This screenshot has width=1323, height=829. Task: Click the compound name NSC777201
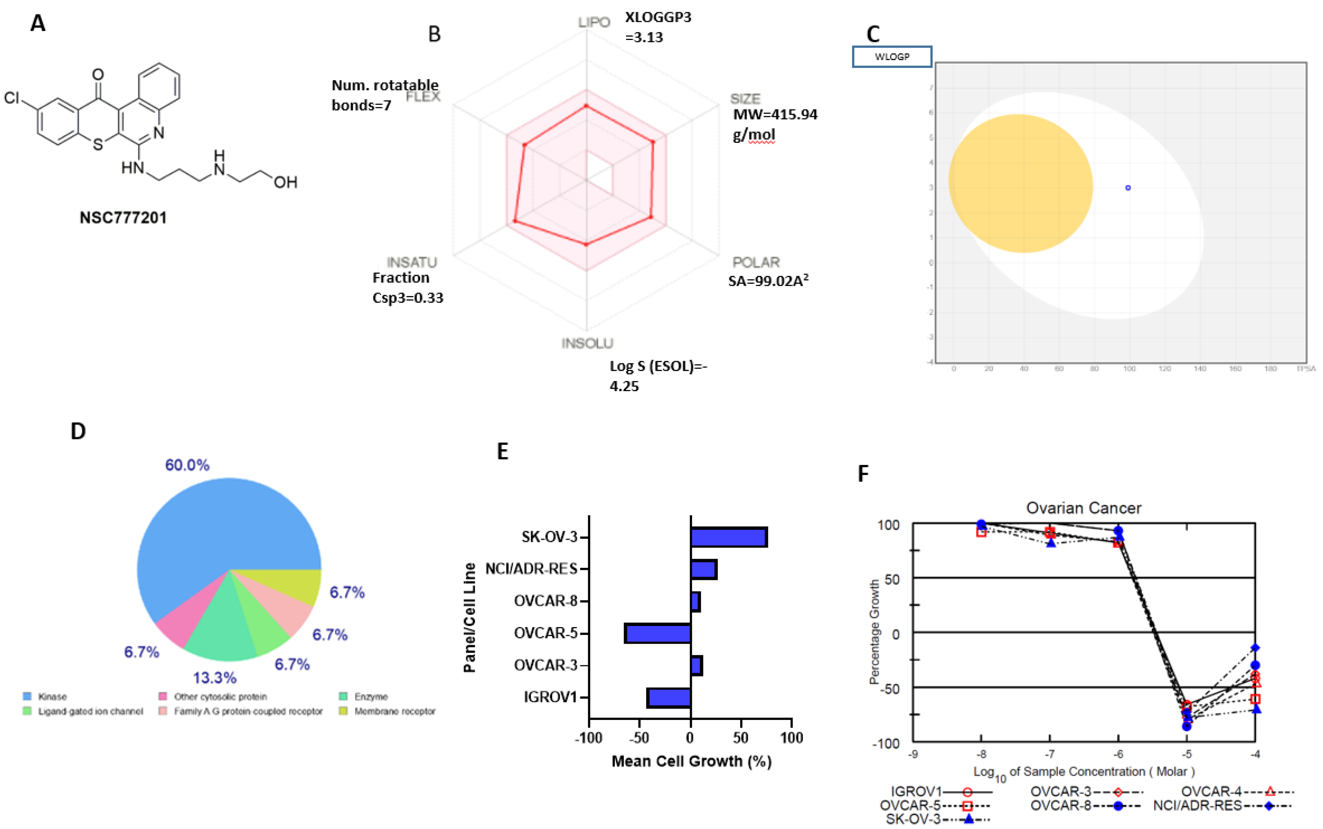tap(123, 218)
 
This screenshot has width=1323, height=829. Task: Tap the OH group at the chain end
tap(285, 182)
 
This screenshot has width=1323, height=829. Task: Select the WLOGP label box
tap(891, 56)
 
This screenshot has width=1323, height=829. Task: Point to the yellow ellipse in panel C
tap(1020, 183)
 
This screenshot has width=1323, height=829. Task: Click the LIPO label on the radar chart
tap(594, 22)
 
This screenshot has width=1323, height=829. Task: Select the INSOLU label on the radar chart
tap(587, 343)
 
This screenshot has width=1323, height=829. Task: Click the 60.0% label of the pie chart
tap(187, 465)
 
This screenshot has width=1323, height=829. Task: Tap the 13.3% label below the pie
tap(215, 678)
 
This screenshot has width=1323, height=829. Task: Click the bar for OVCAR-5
tap(658, 633)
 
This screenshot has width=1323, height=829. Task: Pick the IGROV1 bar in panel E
tap(669, 697)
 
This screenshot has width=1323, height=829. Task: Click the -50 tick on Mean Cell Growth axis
tap(639, 738)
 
